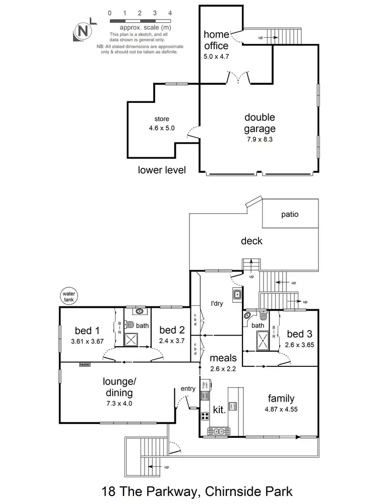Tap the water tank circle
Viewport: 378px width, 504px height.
67,296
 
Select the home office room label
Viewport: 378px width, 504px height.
216,40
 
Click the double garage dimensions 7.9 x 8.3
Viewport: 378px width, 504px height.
260,140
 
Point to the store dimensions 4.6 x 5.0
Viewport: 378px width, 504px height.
162,128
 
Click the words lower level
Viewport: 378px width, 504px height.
162,170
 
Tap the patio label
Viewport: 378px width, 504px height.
290,214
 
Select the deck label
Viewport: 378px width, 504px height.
251,241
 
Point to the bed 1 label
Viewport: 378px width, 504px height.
87,331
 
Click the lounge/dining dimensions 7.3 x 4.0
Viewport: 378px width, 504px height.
119,403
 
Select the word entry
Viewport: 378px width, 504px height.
188,389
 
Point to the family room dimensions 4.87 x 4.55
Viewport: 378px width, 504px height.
281,409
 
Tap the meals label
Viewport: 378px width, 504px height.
223,358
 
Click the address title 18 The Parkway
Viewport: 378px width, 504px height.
188,490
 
